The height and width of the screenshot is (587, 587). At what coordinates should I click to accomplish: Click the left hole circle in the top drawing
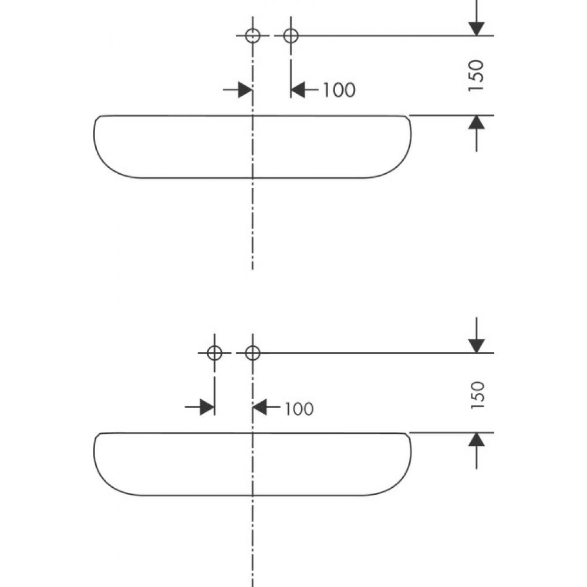pos(252,36)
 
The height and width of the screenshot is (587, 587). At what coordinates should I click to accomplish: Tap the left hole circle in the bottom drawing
pos(214,353)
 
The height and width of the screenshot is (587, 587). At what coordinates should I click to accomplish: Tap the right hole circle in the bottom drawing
pos(252,353)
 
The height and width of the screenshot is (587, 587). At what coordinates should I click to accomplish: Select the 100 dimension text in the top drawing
pos(339,90)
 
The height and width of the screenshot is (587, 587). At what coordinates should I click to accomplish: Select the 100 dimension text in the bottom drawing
pos(299,409)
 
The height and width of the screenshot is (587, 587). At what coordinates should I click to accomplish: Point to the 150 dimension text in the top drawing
pos(476,75)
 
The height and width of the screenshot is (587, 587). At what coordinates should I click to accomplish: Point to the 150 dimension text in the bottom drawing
pos(476,394)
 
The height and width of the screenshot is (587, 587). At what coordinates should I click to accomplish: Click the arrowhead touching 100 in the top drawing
pos(298,90)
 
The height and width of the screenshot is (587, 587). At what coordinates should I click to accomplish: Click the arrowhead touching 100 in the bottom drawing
pos(259,407)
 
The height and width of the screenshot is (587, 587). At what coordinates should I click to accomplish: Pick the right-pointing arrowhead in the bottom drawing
pos(207,407)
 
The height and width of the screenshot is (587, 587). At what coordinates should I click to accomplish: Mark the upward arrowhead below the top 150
pos(477,123)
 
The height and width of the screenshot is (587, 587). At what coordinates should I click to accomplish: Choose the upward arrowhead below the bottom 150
pos(477,440)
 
